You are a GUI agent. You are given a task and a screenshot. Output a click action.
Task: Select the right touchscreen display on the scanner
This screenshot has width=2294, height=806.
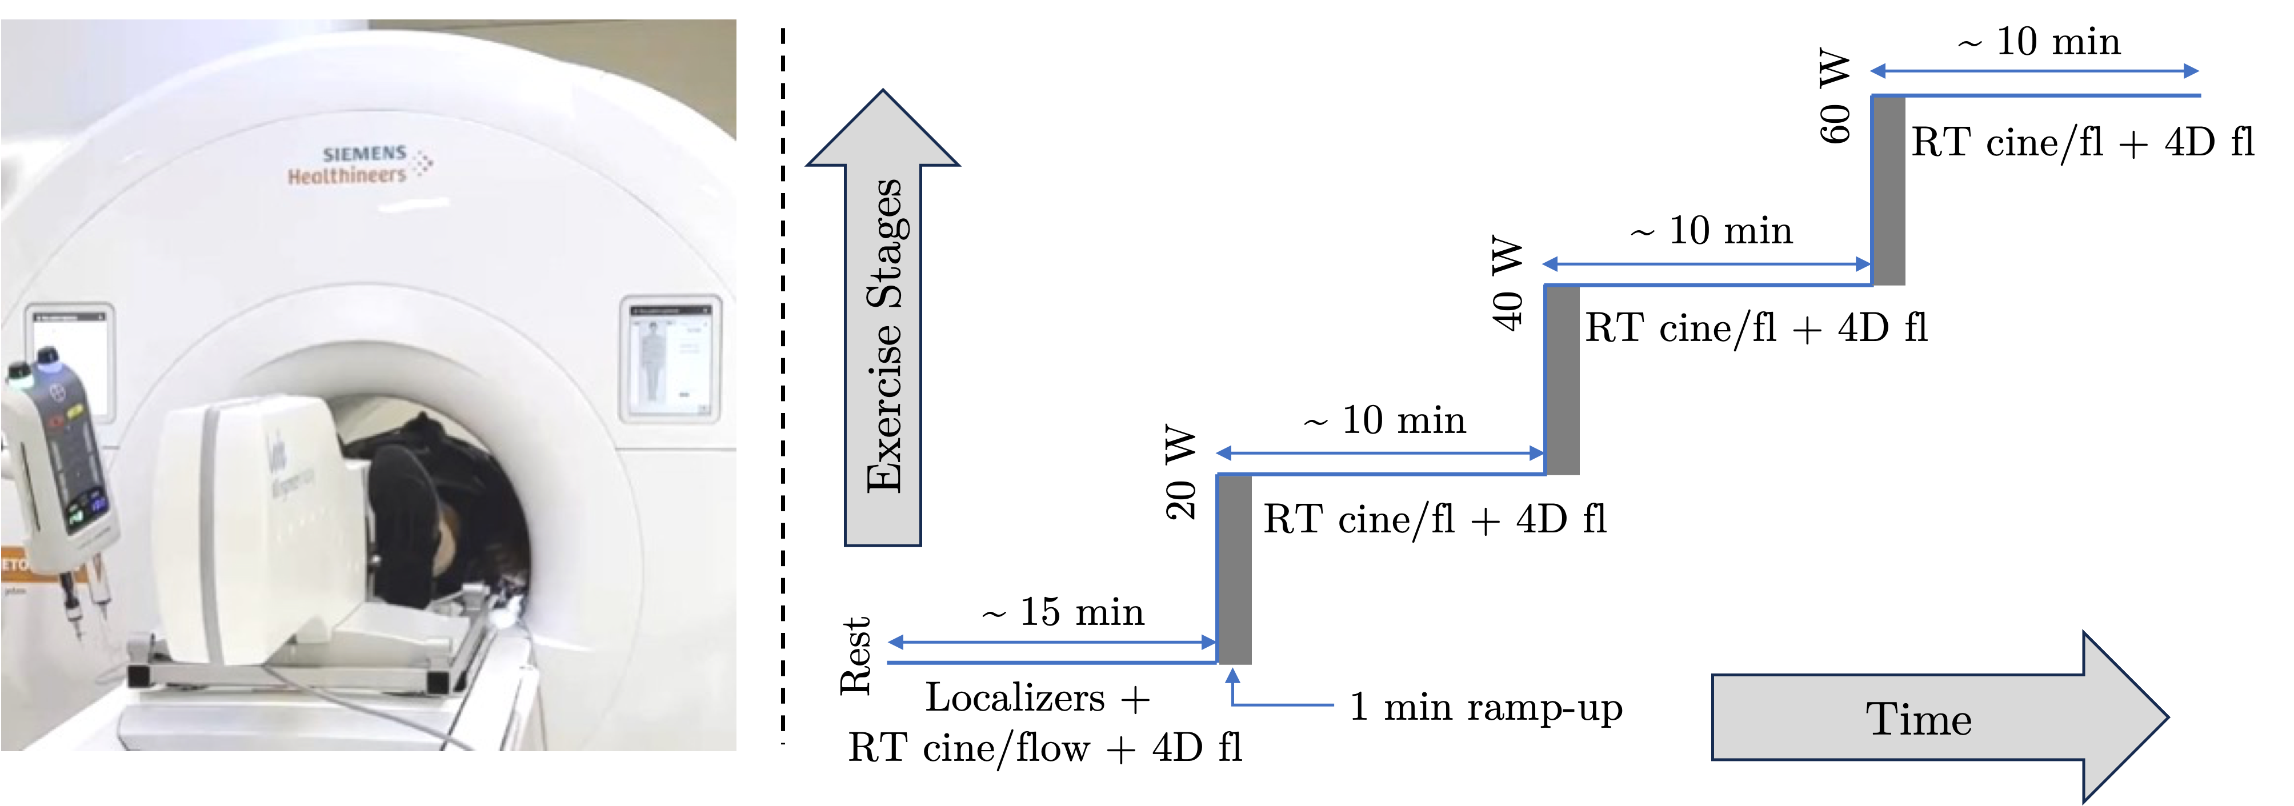pos(670,359)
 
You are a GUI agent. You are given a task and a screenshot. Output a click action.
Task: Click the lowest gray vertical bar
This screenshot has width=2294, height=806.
pos(1234,570)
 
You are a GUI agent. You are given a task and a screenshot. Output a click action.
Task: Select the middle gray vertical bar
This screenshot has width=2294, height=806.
pos(1563,380)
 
